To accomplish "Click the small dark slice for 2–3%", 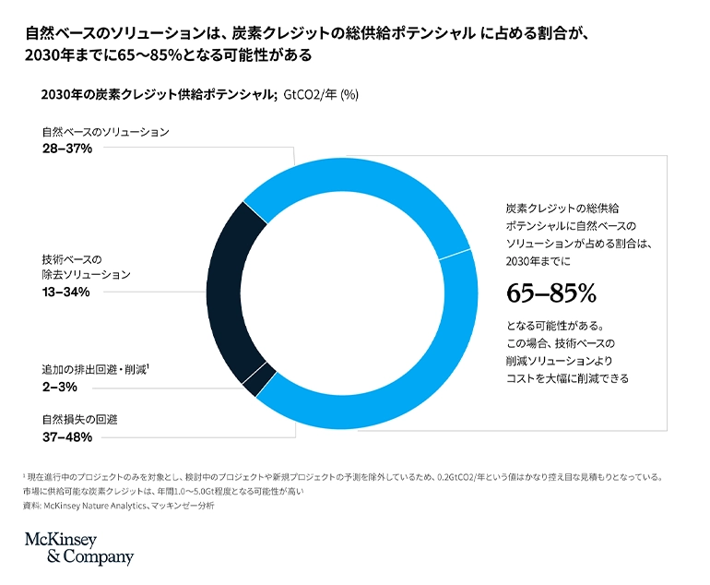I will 260,379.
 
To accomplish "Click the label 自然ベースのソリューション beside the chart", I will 105,132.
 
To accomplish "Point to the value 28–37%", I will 66,149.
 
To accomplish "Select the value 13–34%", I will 65,292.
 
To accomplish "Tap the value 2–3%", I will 59,387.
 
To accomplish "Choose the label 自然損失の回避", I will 79,419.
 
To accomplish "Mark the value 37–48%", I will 66,436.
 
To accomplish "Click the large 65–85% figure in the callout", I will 551,293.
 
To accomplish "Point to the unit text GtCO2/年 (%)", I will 321,93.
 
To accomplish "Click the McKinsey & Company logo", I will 78,548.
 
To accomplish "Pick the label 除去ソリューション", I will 87,275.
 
